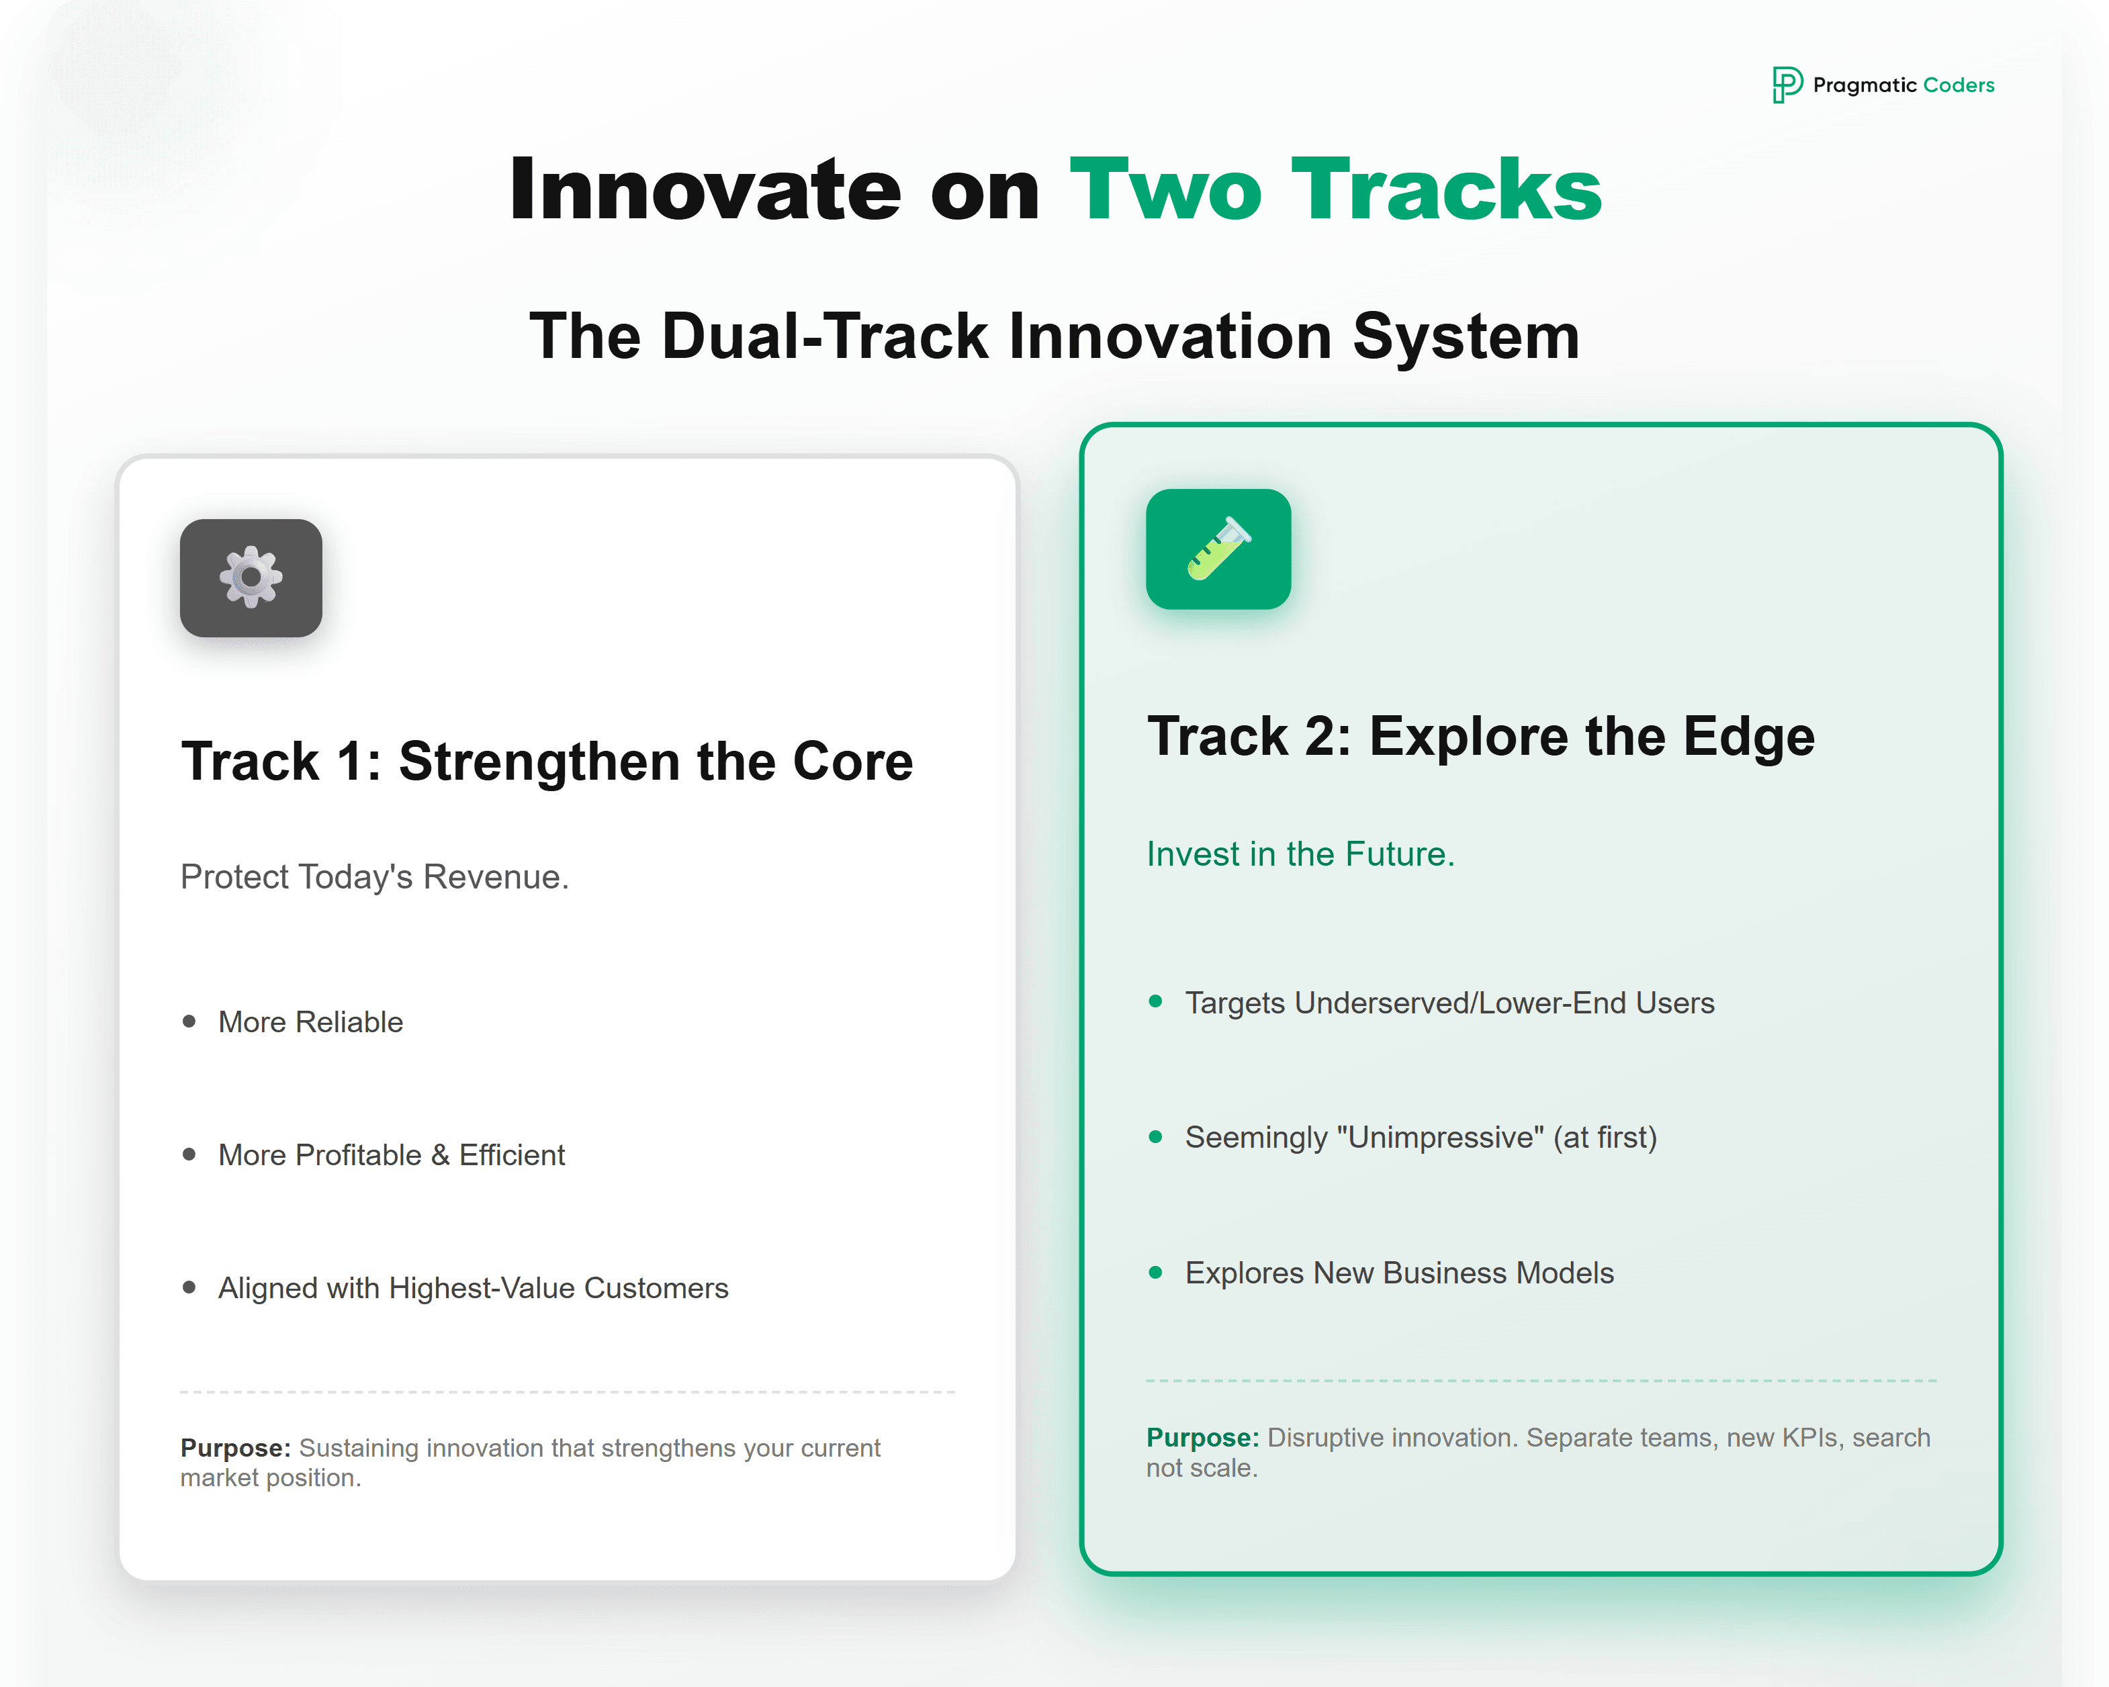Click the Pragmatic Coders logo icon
click(x=1786, y=85)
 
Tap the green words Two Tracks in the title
click(x=1335, y=190)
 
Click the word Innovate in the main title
click(x=705, y=190)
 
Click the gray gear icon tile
click(x=251, y=578)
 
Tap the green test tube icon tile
click(x=1218, y=549)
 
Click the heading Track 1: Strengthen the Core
click(x=547, y=762)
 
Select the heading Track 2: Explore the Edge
click(x=1480, y=737)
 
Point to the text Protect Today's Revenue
click(x=375, y=877)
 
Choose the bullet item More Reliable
click(x=310, y=1022)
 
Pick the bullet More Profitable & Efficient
click(x=392, y=1155)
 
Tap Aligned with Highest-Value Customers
click(x=472, y=1288)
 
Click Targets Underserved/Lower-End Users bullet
click(x=1449, y=1003)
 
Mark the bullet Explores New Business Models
click(x=1399, y=1273)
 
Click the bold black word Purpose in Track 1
click(x=235, y=1449)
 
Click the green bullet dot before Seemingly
click(x=1155, y=1136)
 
